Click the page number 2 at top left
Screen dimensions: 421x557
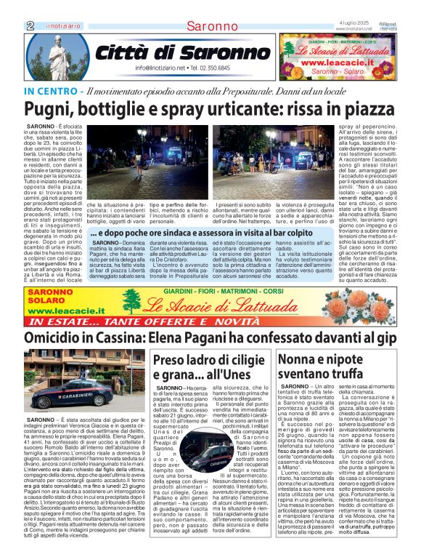30,25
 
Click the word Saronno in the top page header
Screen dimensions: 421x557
210,26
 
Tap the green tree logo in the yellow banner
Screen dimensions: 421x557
131,302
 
